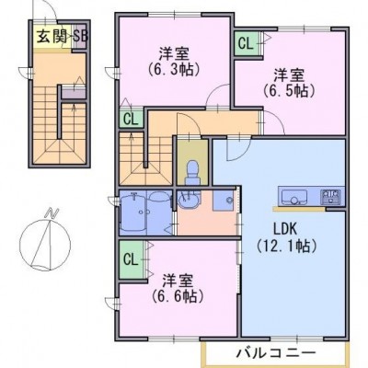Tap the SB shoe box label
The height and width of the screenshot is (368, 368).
(x=80, y=37)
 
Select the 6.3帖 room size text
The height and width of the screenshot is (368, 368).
(x=174, y=70)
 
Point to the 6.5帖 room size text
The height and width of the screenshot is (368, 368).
(x=289, y=90)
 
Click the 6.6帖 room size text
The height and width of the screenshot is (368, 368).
(x=178, y=295)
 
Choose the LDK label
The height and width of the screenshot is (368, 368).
(x=285, y=229)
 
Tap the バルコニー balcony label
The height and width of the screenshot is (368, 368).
(x=276, y=352)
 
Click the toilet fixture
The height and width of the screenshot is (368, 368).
(x=193, y=173)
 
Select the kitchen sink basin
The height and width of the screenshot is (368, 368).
(x=294, y=197)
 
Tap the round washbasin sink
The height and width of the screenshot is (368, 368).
(x=188, y=201)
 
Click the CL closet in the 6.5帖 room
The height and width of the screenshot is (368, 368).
(x=246, y=44)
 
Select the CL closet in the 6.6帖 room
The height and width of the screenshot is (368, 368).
(x=131, y=259)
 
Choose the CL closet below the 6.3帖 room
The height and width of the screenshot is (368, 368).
(x=132, y=119)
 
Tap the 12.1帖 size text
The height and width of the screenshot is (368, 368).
(x=285, y=246)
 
